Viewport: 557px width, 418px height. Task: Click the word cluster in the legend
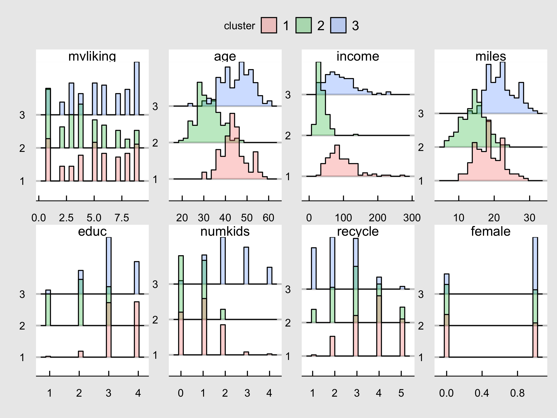click(x=240, y=26)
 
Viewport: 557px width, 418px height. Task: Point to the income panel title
click(x=358, y=56)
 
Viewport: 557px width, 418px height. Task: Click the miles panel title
click(x=491, y=56)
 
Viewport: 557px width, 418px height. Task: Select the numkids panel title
click(x=225, y=231)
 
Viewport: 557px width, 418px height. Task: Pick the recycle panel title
click(x=358, y=231)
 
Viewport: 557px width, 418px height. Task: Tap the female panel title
click(x=491, y=231)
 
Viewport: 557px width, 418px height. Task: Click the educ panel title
click(x=92, y=231)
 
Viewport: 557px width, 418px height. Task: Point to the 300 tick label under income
click(x=412, y=218)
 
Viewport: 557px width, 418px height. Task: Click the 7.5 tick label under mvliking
click(x=122, y=218)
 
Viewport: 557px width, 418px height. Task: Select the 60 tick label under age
click(x=269, y=218)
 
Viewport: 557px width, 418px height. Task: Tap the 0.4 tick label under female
click(x=482, y=393)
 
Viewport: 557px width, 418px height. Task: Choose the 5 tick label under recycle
click(x=401, y=393)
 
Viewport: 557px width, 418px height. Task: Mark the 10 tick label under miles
click(x=459, y=218)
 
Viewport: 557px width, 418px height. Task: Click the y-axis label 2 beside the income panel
click(x=288, y=136)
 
